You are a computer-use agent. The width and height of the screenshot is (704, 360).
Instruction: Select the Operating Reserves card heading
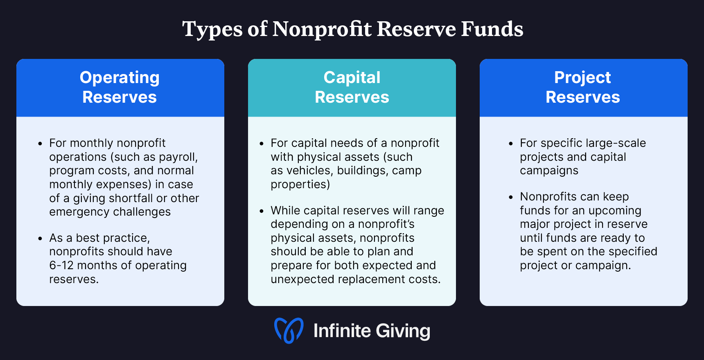(120, 87)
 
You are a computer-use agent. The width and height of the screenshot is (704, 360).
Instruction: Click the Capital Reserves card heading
(352, 87)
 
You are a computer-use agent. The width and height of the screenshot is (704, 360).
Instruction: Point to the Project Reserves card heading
(583, 87)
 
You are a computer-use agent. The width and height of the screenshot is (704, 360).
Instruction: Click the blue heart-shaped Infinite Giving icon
(289, 331)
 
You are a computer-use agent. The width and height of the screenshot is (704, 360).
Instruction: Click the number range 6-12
(61, 265)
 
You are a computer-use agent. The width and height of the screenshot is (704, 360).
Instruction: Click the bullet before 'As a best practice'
(40, 239)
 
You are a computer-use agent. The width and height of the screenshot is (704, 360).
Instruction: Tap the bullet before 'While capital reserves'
(262, 211)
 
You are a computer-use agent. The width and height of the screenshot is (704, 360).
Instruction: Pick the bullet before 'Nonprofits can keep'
(510, 197)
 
